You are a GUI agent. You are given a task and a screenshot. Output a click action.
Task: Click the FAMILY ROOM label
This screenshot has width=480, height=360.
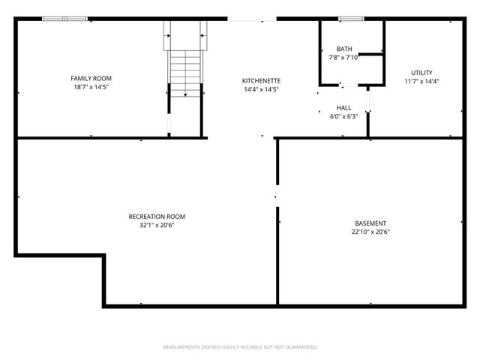[91, 78]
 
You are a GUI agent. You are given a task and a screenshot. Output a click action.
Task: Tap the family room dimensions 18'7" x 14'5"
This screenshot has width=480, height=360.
[91, 87]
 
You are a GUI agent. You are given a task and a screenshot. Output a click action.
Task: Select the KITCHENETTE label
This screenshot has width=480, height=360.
[261, 81]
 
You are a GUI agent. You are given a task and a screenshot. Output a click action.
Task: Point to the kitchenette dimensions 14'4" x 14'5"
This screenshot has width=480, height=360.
[261, 90]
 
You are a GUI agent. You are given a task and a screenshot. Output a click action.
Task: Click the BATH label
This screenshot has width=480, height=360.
[344, 49]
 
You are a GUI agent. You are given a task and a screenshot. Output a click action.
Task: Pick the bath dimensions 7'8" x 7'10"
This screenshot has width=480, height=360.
[344, 58]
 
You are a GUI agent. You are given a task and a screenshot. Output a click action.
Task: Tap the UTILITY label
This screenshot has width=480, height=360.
[421, 73]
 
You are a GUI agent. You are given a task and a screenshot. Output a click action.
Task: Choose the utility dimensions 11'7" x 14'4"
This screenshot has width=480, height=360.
[421, 82]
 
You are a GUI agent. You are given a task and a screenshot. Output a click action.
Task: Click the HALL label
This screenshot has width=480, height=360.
[343, 108]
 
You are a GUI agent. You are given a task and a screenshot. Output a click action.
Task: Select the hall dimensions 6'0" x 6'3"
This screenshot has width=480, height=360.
[343, 116]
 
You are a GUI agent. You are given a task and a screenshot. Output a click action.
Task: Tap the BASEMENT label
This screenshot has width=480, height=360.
[370, 223]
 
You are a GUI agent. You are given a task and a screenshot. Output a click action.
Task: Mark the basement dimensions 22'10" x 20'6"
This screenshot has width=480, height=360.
[370, 232]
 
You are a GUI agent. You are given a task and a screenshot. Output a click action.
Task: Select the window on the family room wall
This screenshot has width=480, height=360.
[64, 19]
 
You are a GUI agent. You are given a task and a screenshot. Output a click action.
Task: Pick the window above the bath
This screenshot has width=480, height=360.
[349, 19]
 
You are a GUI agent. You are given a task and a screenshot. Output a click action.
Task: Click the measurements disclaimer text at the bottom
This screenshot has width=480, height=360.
[240, 347]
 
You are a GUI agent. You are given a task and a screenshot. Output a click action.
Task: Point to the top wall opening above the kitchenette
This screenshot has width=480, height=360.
[251, 19]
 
